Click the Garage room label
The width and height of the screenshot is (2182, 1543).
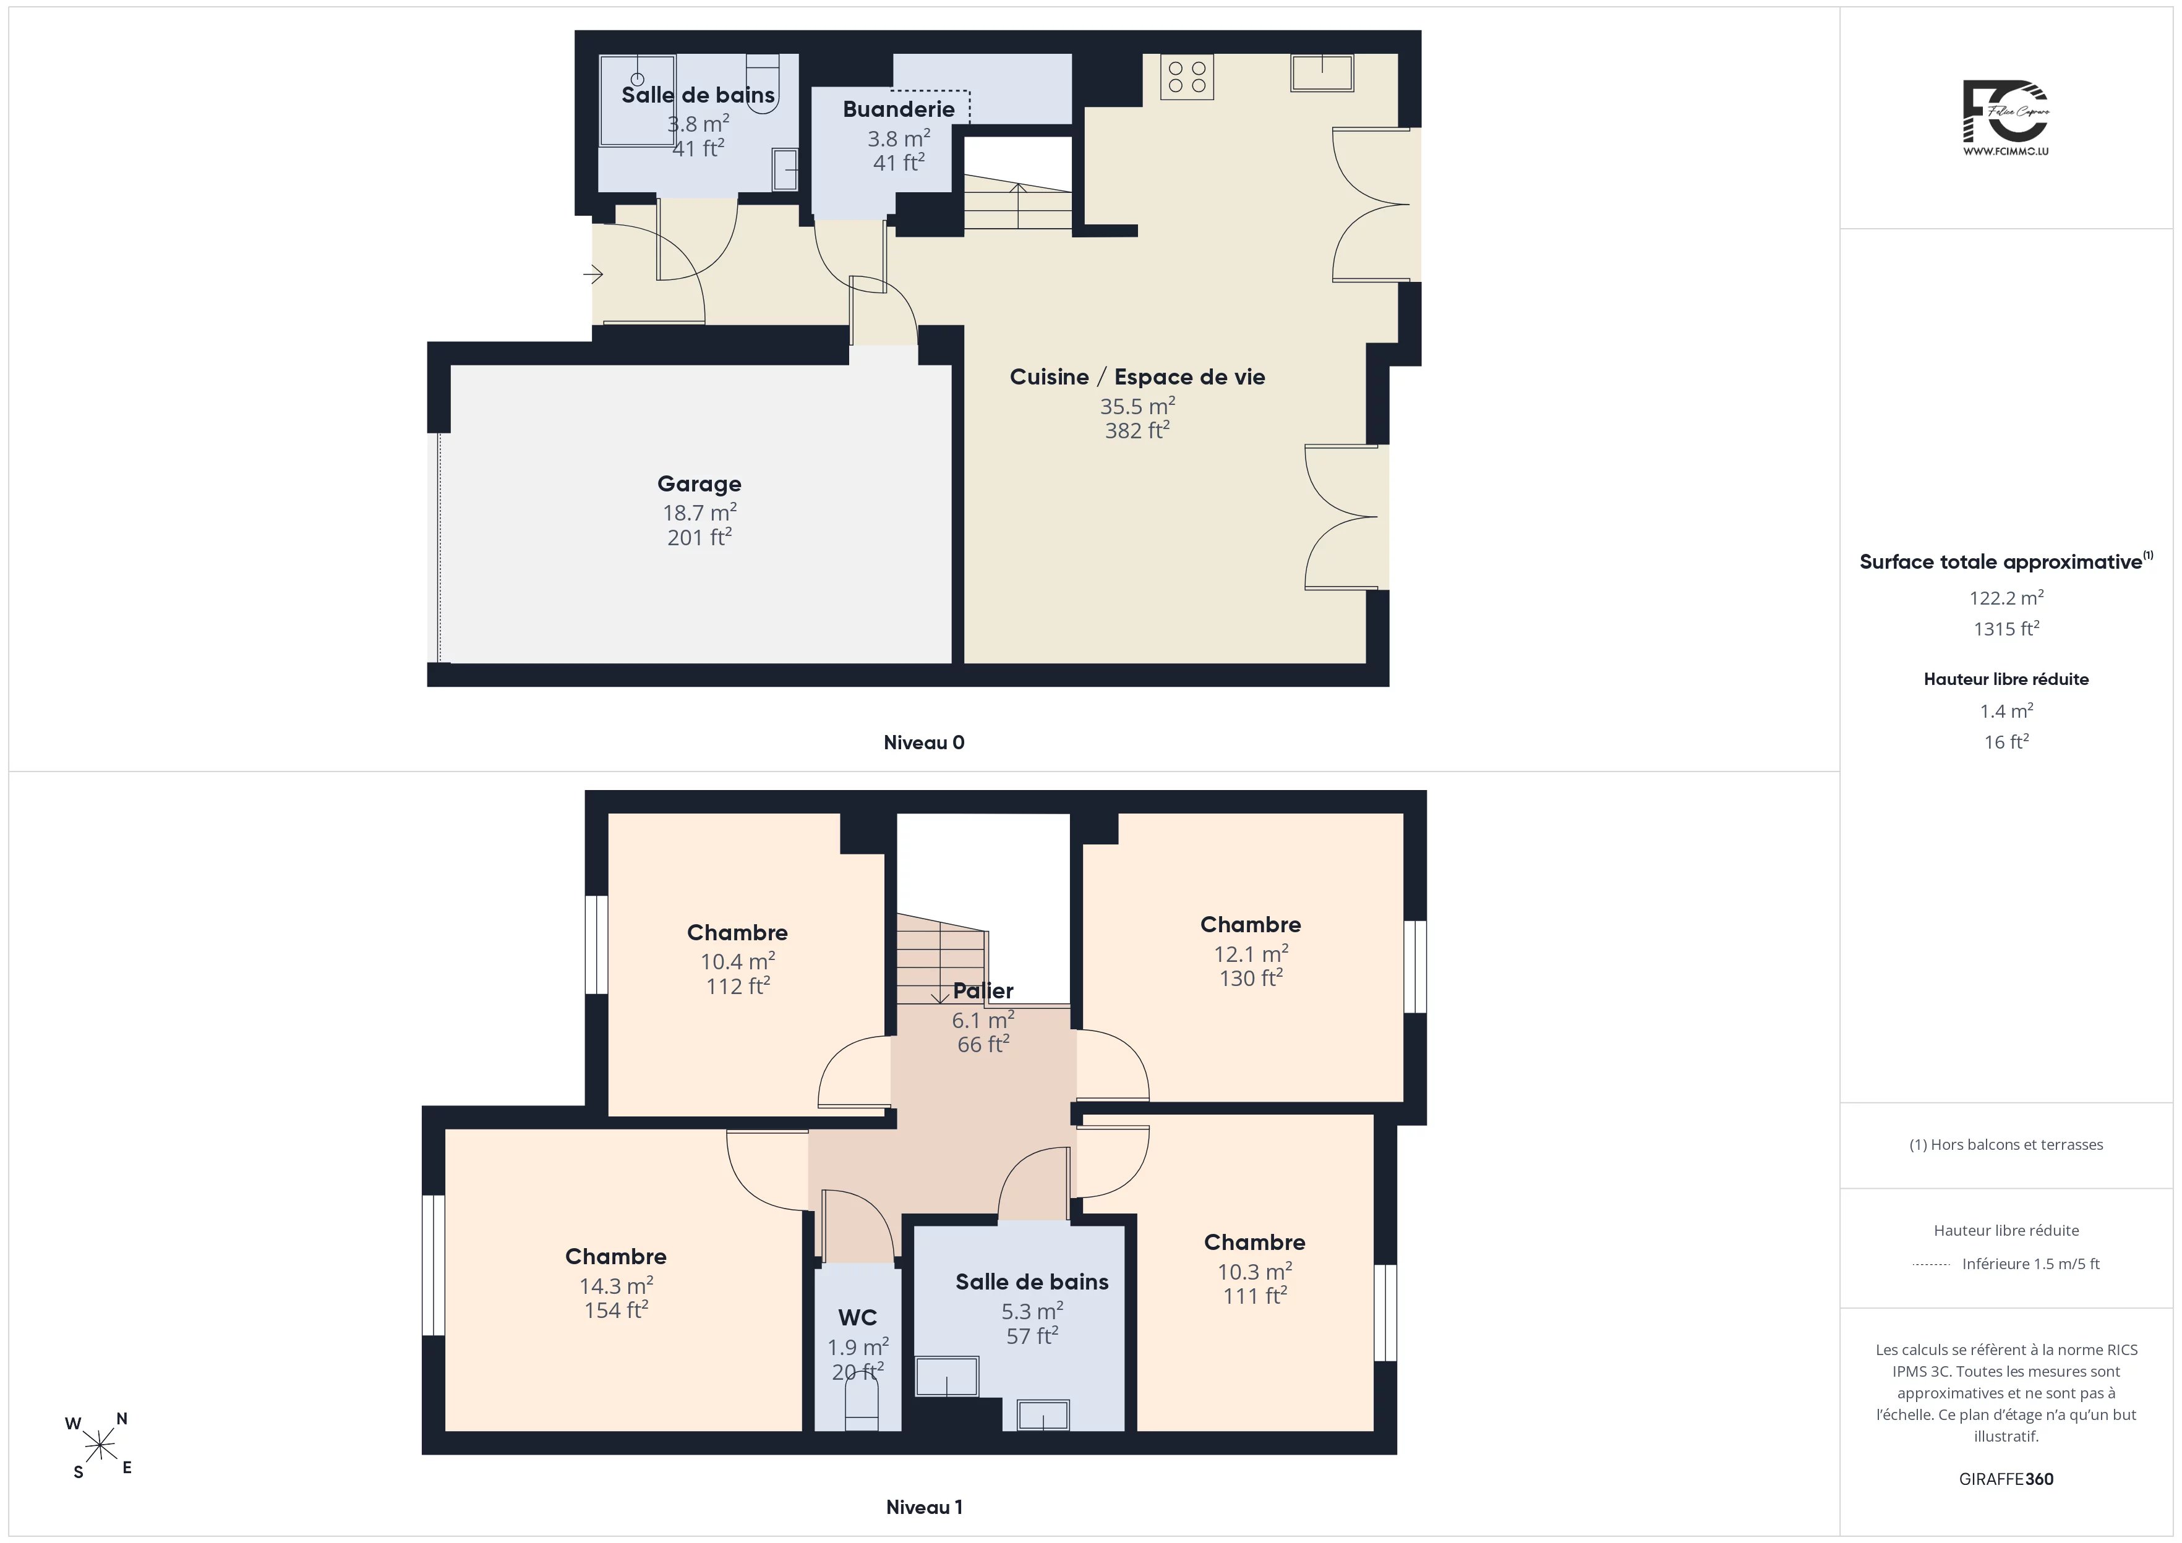pos(700,483)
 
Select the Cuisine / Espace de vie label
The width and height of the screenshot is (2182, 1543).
pos(1137,377)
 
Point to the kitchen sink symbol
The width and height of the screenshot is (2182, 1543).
pos(1321,73)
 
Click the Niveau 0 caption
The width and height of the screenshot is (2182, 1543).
pos(924,743)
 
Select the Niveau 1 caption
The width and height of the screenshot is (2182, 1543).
pos(924,1507)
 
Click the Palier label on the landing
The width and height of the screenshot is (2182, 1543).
pos(983,991)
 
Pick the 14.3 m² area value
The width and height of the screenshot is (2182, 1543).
pos(616,1285)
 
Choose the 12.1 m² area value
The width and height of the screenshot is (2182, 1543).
pos(1251,953)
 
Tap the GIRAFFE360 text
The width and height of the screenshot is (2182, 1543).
pos(2006,1479)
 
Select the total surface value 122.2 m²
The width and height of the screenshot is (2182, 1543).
pos(2006,598)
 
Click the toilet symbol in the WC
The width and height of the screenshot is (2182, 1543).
pos(862,1405)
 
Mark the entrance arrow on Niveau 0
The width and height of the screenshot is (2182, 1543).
pos(593,276)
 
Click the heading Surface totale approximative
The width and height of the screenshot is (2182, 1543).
pos(2005,561)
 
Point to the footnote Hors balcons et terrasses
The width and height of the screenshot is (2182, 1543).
pos(2006,1145)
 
